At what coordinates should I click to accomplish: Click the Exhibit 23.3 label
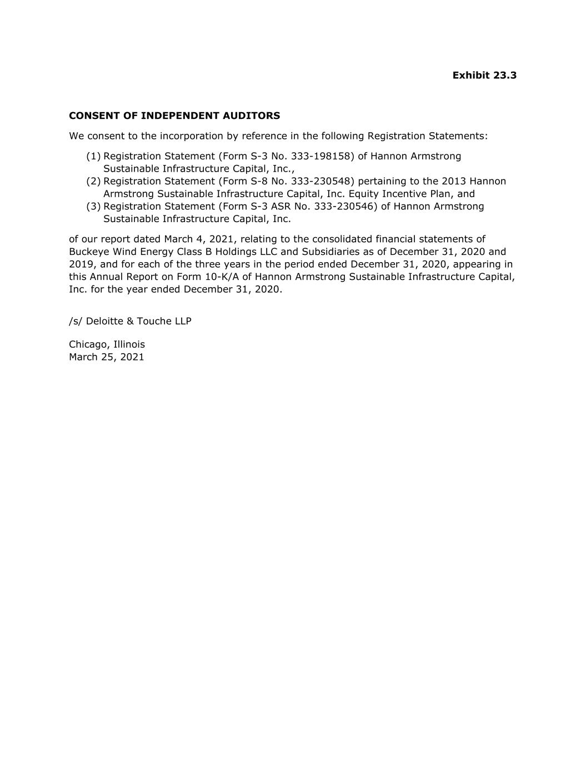tap(484, 75)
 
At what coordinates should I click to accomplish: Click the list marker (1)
tap(93, 156)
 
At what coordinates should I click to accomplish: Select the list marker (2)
tap(93, 181)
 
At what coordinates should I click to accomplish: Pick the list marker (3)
tap(93, 206)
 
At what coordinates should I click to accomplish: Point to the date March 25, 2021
tap(106, 357)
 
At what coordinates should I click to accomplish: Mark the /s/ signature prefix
tap(76, 321)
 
